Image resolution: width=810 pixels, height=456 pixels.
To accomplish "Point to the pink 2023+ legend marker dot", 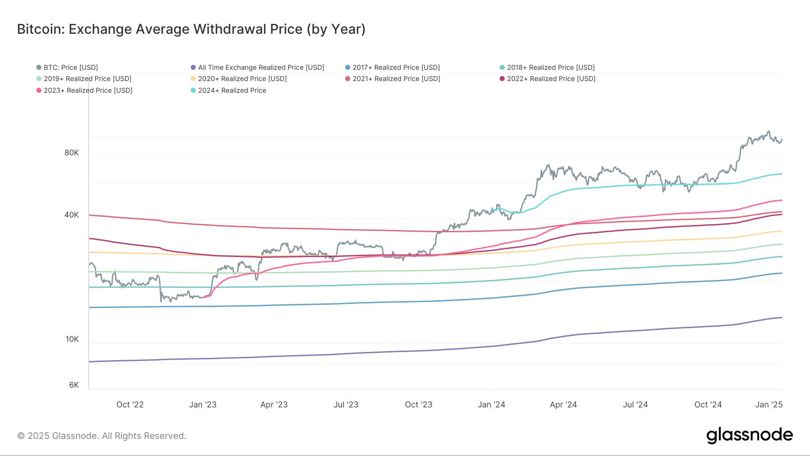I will point(39,90).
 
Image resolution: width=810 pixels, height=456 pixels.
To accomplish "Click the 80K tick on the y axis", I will point(72,153).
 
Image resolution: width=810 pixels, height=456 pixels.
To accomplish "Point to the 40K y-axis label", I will point(72,215).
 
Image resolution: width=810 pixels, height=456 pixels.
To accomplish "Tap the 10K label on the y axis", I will point(72,339).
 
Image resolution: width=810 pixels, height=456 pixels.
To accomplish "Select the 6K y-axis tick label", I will point(74,385).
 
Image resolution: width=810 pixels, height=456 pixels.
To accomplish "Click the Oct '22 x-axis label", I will point(130,405).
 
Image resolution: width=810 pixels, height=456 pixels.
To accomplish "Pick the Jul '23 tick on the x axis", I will point(346,405).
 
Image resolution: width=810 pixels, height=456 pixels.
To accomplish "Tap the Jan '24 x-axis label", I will point(491,405).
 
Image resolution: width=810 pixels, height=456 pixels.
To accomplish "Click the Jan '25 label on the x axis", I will point(769,405).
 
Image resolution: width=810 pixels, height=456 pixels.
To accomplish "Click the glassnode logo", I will point(749,435).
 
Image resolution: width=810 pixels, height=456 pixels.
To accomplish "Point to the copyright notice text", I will point(102,436).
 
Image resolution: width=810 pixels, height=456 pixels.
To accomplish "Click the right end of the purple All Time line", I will point(782,318).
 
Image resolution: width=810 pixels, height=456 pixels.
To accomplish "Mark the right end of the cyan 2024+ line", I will point(782,174).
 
